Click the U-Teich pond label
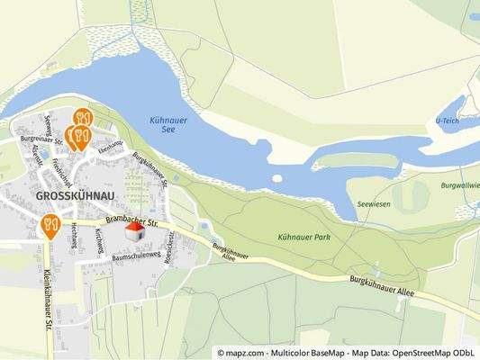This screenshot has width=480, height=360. (448, 120)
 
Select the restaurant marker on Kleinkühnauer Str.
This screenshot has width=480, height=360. (50, 223)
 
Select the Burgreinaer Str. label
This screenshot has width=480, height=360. (41, 139)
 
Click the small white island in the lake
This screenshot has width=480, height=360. (276, 178)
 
